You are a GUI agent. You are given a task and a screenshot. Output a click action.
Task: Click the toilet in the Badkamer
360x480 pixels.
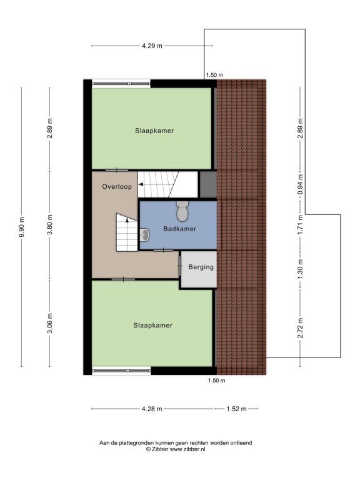[x=182, y=211]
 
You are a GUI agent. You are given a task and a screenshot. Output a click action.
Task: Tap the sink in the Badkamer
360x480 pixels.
[x=144, y=235]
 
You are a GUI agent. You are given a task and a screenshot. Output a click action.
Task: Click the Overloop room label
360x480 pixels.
[x=117, y=186]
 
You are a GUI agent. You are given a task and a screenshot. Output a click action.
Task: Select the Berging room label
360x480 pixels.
[x=201, y=267]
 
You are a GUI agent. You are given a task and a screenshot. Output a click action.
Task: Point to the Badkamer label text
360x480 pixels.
[x=180, y=229]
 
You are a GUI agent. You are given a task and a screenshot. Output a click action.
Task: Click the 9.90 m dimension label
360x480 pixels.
[x=21, y=227]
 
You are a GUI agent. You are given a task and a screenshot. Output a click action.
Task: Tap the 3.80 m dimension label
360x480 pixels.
[x=50, y=224]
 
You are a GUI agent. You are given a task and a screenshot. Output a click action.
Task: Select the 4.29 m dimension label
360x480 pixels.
[x=152, y=46]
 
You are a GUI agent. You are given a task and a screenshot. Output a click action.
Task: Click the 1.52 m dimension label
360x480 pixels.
[x=236, y=409]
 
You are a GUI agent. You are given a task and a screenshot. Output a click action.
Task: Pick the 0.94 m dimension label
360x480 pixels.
[x=300, y=184]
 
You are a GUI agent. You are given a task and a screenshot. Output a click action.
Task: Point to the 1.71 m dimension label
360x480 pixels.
[x=300, y=224]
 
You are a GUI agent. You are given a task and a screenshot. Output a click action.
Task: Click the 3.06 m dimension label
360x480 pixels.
[x=50, y=323]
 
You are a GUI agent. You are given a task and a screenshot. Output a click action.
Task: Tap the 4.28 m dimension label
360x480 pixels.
[x=152, y=409]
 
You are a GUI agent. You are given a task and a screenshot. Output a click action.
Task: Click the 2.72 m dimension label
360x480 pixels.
[x=300, y=328]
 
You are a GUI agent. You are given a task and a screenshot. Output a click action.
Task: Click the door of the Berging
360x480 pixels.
[x=180, y=266]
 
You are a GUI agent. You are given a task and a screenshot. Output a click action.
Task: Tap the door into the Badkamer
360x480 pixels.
[x=163, y=251]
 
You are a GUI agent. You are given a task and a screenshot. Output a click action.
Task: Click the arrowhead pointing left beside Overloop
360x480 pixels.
[x=141, y=184]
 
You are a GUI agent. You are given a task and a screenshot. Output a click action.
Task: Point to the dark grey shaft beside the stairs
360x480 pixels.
[x=208, y=184]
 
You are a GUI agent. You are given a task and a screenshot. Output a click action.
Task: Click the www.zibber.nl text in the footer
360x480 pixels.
[x=187, y=449]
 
